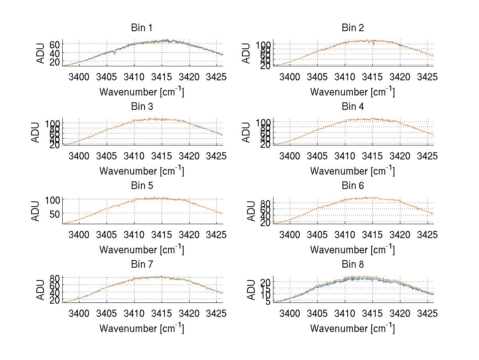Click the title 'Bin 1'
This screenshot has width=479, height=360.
tap(142, 28)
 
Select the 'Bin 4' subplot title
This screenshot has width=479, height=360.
tap(353, 107)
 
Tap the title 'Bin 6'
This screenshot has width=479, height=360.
tap(353, 186)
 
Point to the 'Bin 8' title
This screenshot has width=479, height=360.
tap(353, 265)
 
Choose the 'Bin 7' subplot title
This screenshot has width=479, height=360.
tap(142, 265)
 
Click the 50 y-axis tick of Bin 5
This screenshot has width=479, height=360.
tap(54, 213)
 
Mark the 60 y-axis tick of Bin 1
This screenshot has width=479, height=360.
tap(54, 44)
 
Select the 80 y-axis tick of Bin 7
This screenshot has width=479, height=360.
tap(54, 278)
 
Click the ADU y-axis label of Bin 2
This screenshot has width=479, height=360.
tap(247, 53)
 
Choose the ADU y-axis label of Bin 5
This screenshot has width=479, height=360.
tap(36, 211)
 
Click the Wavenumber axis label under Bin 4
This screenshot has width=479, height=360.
tap(352, 171)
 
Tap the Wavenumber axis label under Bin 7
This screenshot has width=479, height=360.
tap(142, 328)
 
